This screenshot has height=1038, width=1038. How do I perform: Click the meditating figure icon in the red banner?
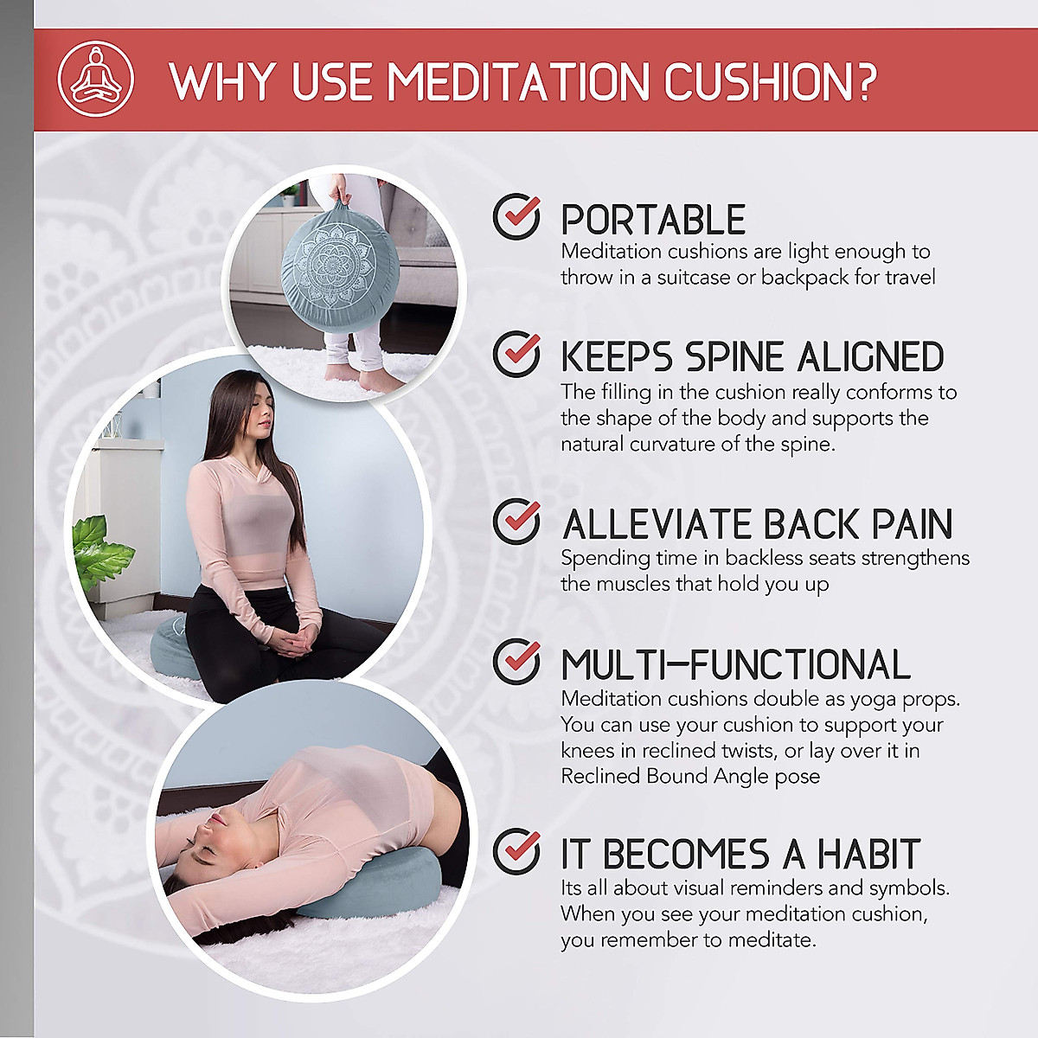[96, 79]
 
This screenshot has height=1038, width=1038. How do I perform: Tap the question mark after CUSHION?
[861, 82]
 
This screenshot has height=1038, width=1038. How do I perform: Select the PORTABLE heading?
[653, 220]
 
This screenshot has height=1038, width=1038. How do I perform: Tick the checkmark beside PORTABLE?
[517, 216]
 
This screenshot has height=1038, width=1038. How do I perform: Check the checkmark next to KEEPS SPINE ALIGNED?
[517, 354]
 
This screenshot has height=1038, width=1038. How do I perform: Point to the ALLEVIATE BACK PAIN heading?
[757, 524]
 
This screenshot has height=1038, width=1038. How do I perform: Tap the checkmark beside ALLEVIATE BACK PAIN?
[517, 522]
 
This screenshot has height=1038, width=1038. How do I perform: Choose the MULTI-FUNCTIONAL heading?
[735, 665]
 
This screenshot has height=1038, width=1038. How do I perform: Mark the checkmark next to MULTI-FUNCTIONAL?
[517, 662]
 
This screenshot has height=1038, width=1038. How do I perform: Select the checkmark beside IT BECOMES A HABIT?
[517, 851]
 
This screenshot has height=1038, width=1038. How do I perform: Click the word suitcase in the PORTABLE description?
[693, 278]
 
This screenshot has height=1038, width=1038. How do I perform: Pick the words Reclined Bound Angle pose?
[690, 777]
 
